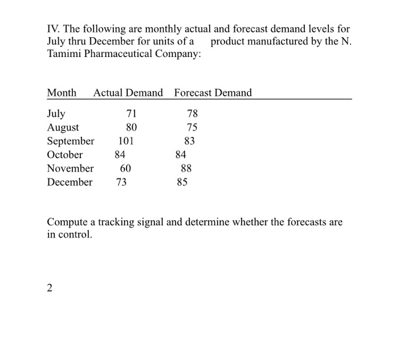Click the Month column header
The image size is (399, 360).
pos(62,92)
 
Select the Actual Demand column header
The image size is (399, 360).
pos(128,92)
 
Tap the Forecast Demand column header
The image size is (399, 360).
pos(213,92)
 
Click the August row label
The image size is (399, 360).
pos(63,127)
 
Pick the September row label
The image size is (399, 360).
pos(71,141)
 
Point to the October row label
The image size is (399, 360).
pos(64,155)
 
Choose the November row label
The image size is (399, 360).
pos(70,168)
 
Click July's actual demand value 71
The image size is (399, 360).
pos(131,114)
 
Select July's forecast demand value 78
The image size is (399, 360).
pos(193,114)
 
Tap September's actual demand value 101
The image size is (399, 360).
pos(126,141)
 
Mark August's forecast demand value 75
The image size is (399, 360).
pos(193,127)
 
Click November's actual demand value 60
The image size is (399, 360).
pos(125,168)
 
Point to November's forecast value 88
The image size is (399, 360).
pos(186,168)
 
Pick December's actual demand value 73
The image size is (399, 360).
pos(121,182)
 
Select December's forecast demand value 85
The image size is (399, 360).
pos(182,182)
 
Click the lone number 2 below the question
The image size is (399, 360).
pos(50,288)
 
